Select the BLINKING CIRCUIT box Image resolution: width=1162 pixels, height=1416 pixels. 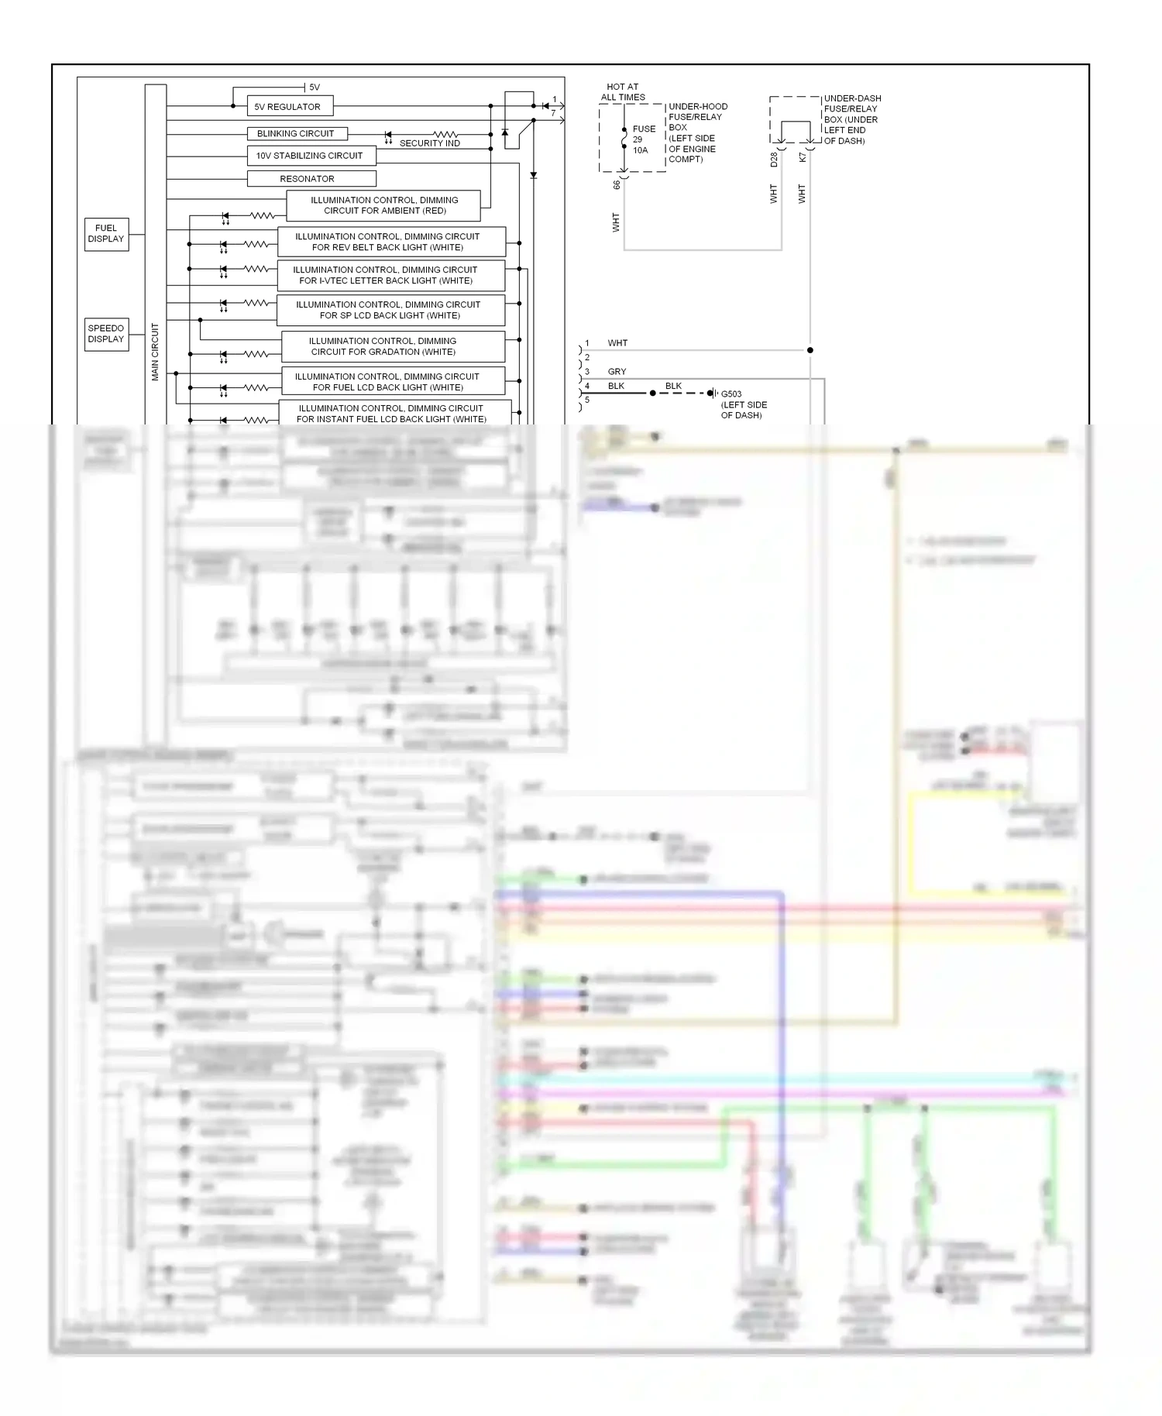[297, 133]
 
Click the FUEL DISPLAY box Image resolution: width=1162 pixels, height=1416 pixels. [106, 233]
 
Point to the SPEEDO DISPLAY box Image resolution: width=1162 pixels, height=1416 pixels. [106, 334]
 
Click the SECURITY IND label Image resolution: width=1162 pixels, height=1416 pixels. [429, 143]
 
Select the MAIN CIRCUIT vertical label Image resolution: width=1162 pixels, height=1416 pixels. [155, 351]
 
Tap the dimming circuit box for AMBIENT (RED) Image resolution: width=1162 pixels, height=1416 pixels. [383, 205]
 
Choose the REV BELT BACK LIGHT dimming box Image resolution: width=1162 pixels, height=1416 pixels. [391, 242]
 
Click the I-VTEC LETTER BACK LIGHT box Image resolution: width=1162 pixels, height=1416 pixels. [391, 275]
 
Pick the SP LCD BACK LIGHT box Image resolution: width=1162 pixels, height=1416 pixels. [390, 310]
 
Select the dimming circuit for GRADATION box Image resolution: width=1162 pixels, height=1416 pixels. [393, 346]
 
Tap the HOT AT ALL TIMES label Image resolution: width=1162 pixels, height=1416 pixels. [623, 92]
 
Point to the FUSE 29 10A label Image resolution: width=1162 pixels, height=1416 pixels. [643, 139]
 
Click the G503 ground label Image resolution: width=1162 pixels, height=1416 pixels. [731, 394]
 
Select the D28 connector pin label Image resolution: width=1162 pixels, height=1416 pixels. [774, 160]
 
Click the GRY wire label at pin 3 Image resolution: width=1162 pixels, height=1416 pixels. [617, 372]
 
